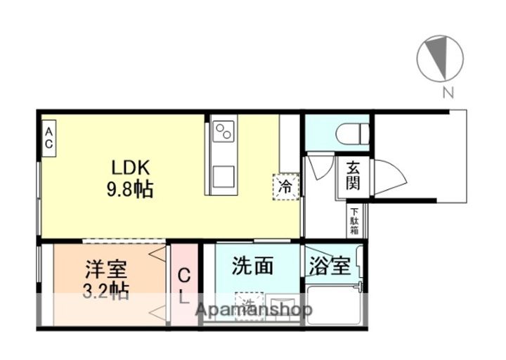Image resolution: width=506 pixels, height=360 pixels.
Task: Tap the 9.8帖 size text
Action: click(131, 189)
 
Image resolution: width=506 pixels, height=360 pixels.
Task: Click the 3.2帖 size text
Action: click(107, 290)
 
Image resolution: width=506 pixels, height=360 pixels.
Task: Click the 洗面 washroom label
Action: click(252, 266)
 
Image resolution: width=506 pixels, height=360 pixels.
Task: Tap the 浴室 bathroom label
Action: click(330, 267)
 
